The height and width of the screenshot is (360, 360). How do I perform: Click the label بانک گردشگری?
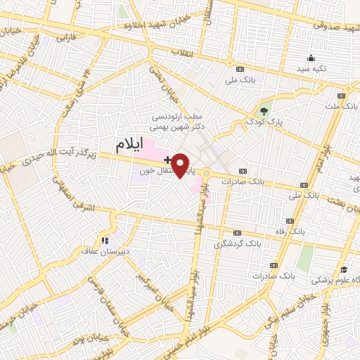click(234, 244)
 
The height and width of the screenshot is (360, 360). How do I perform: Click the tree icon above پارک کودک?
click(264, 110)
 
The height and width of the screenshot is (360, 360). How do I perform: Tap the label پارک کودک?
click(262, 122)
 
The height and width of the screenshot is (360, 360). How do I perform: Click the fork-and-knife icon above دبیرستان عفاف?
click(105, 238)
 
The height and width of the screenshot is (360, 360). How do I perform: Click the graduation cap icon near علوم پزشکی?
click(344, 269)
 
